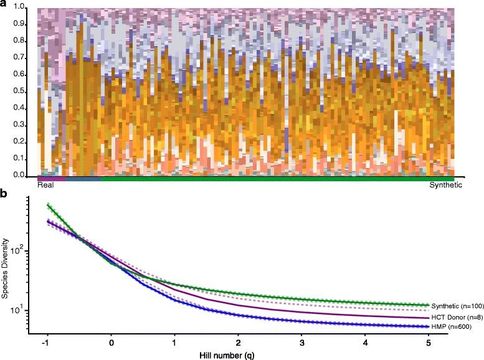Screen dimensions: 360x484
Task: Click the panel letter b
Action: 4,194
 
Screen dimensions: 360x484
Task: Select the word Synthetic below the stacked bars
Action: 445,185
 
